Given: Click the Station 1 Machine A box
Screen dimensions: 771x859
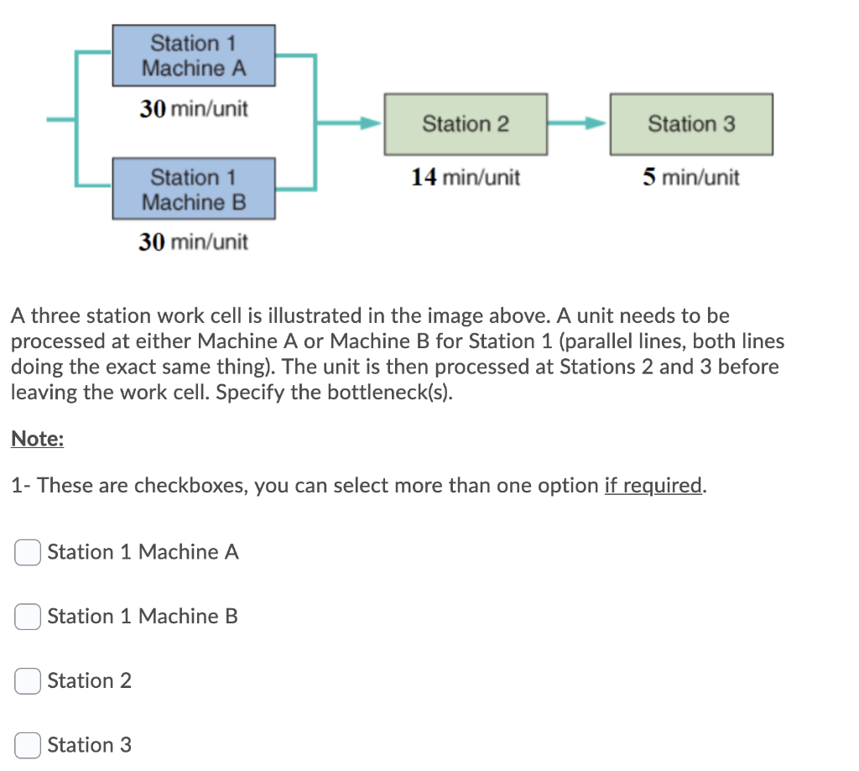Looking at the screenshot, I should click(x=194, y=55).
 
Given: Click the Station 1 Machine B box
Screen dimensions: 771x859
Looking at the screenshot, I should click(x=194, y=190).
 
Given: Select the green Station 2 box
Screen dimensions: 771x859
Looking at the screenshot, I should click(x=466, y=124).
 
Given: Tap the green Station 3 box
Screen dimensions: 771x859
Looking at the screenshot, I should click(x=691, y=124).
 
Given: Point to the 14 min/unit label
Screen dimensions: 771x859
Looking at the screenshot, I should click(x=466, y=178).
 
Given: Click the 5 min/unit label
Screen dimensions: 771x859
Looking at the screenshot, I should click(x=691, y=178).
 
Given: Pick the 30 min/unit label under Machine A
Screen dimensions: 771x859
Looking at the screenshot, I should click(x=194, y=110).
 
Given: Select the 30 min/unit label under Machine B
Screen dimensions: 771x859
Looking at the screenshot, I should click(x=194, y=242).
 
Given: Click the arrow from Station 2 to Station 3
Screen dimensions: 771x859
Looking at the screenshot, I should click(x=578, y=124).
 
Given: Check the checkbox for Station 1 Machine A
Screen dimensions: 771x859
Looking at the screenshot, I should click(x=28, y=552).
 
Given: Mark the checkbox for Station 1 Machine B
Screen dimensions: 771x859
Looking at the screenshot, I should click(x=28, y=617).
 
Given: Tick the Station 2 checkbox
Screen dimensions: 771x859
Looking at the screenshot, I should click(x=28, y=680).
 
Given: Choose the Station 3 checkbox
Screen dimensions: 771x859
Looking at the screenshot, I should click(x=28, y=745).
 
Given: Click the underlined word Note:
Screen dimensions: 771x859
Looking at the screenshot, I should click(x=38, y=439).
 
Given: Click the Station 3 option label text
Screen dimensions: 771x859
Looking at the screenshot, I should click(x=90, y=745).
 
